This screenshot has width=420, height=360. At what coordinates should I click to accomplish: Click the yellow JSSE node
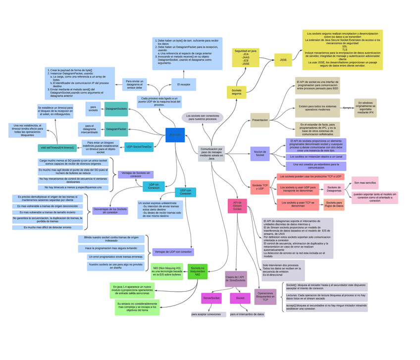tap(283, 60)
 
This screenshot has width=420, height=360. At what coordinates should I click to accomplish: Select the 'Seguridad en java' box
tap(246, 57)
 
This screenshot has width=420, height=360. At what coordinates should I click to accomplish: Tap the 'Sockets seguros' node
tap(236, 92)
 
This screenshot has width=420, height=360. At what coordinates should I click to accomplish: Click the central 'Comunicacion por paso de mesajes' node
tap(211, 154)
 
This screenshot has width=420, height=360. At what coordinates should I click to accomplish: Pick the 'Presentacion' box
tap(260, 120)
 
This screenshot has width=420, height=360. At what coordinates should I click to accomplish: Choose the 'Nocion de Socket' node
tap(260, 154)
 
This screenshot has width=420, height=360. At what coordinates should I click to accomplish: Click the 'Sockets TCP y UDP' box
tap(260, 187)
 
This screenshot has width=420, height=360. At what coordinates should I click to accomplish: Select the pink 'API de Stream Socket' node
tap(237, 206)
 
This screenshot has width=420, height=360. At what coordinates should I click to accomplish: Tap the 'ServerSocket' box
tap(211, 298)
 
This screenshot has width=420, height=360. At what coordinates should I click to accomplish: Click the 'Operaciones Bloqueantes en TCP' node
tap(265, 297)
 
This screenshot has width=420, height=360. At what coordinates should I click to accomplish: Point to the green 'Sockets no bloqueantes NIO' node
tap(198, 271)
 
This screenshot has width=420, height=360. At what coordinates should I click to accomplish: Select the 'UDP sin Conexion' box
tap(154, 186)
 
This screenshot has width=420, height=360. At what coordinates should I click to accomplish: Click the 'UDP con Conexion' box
tap(185, 192)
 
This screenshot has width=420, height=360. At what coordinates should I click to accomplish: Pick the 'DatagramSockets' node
tap(116, 109)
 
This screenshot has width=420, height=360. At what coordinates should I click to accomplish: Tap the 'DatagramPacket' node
tap(116, 129)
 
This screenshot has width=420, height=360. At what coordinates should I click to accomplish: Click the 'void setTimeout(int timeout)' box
tap(57, 148)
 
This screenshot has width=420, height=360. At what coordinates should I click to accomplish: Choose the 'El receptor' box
tap(184, 85)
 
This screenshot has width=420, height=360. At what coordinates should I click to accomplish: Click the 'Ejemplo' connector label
tap(347, 107)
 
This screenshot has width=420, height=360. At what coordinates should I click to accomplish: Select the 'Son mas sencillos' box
tap(365, 183)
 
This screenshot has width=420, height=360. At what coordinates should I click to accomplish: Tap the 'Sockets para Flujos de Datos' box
tap(334, 205)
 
